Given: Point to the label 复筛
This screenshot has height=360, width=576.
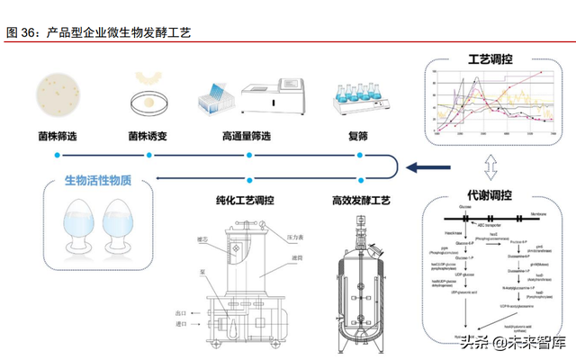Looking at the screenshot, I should [x=359, y=137].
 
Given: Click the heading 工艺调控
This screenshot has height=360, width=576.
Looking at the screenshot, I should [x=491, y=60].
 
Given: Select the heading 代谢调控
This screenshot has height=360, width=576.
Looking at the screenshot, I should [x=491, y=196].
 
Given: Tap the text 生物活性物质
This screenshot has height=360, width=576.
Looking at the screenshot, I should [x=98, y=181].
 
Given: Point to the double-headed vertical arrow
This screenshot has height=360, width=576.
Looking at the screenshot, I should [x=490, y=167].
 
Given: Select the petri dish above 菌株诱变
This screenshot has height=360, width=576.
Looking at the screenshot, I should [x=148, y=100].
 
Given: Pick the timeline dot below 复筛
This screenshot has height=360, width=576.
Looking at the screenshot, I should [x=361, y=155].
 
